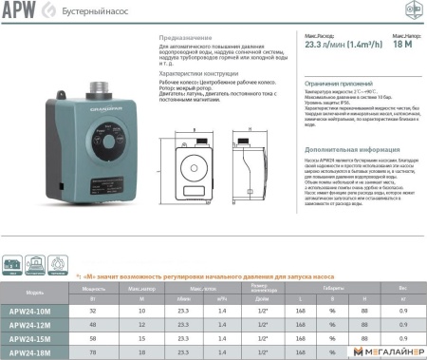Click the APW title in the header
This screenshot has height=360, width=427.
pyautogui.click(x=17, y=9)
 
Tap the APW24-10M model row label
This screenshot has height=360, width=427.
pyautogui.click(x=34, y=310)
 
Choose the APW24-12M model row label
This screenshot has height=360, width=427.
pyautogui.click(x=34, y=323)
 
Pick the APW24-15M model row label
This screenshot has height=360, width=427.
pyautogui.click(x=34, y=337)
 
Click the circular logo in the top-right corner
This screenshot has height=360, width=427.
pyautogui.click(x=413, y=9)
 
